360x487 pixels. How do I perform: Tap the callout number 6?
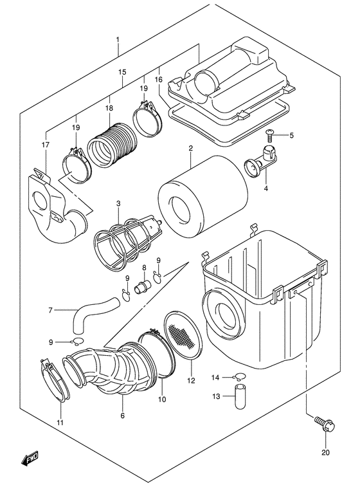pyautogui.click(x=122, y=416)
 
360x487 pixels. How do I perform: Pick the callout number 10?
pyautogui.click(x=161, y=400)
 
